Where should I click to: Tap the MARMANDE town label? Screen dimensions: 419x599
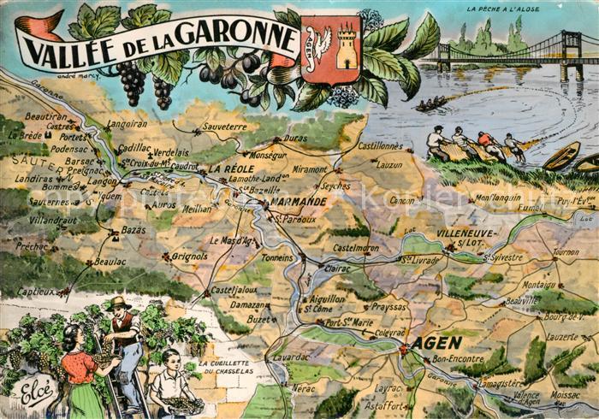click(x=299, y=202)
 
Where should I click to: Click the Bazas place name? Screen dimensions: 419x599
click(x=133, y=231)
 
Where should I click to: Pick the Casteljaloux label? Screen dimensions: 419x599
click(x=228, y=290)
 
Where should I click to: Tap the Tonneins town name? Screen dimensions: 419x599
click(x=277, y=257)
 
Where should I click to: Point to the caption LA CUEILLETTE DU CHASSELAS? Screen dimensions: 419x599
click(x=229, y=367)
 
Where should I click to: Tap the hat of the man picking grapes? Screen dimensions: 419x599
click(x=119, y=302)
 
